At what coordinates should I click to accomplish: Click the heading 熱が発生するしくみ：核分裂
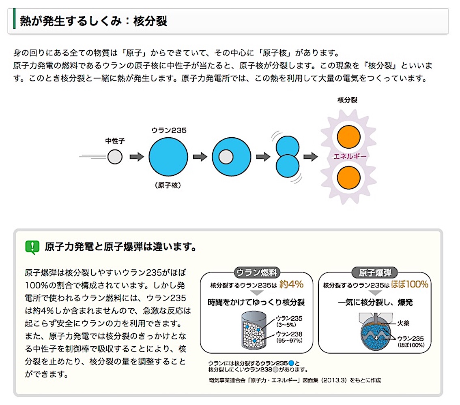[94, 21]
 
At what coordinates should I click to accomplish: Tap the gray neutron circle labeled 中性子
[115, 156]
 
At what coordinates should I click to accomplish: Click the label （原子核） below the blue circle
[168, 185]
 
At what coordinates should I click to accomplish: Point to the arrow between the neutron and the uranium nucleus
[137, 156]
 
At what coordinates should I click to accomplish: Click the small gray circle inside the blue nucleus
[226, 156]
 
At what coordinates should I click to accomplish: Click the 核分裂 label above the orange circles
[347, 100]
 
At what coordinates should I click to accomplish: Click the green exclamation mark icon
[32, 246]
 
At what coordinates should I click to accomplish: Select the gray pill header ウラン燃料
[256, 273]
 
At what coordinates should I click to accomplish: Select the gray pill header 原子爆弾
[374, 273]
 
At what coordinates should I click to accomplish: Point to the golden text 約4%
[291, 284]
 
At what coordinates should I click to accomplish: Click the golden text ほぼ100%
[410, 284]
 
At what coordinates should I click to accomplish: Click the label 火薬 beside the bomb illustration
[404, 324]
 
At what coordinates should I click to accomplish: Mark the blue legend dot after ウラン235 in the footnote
[290, 363]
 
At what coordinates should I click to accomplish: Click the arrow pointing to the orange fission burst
[310, 156]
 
